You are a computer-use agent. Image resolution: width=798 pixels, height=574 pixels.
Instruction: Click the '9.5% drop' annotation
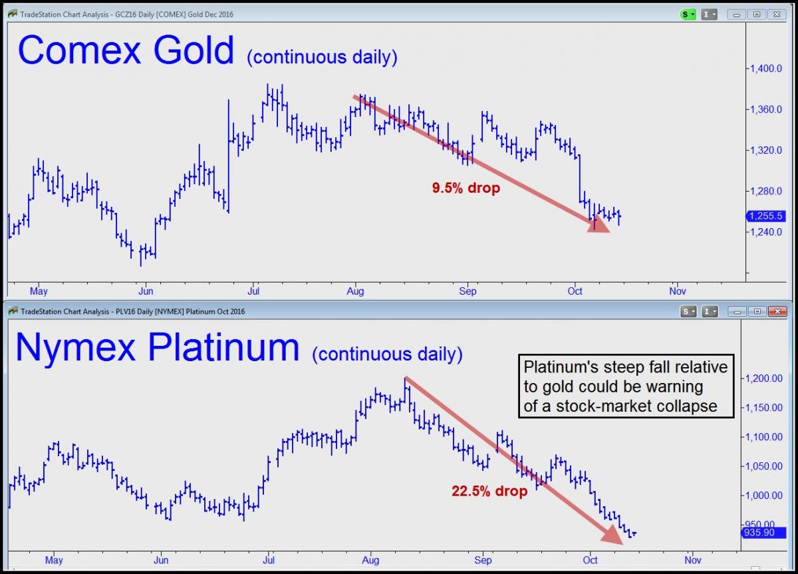click(x=466, y=188)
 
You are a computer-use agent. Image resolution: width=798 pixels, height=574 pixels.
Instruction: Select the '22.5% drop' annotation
click(x=489, y=491)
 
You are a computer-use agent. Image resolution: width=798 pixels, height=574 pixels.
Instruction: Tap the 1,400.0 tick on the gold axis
click(x=766, y=69)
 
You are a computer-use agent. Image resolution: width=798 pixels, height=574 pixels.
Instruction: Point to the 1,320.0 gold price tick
click(x=766, y=150)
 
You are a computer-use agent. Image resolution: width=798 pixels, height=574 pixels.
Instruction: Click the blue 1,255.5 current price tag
click(x=765, y=216)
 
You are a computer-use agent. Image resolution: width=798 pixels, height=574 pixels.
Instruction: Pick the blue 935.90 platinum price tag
click(x=764, y=533)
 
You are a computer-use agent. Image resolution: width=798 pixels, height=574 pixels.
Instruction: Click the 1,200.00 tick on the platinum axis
click(x=764, y=378)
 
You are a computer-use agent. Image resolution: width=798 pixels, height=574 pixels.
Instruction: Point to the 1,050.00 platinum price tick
click(x=764, y=466)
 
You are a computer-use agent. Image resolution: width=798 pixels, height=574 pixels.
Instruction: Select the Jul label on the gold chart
click(x=253, y=291)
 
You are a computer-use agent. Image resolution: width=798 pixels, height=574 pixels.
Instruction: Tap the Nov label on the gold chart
click(x=677, y=291)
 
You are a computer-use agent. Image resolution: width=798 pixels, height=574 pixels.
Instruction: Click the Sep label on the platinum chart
click(x=483, y=560)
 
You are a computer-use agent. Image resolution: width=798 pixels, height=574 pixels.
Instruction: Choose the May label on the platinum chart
click(x=54, y=560)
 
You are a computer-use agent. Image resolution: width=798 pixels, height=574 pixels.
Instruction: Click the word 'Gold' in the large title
click(x=194, y=50)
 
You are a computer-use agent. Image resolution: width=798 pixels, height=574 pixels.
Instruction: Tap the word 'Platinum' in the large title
click(x=223, y=347)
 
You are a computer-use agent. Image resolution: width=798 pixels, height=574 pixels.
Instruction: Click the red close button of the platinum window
click(x=777, y=312)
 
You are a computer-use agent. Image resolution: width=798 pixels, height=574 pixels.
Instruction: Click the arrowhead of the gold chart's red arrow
click(x=599, y=224)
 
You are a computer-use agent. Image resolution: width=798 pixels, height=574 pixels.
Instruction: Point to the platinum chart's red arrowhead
click(x=612, y=535)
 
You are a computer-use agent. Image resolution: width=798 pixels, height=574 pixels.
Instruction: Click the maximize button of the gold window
click(x=757, y=14)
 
